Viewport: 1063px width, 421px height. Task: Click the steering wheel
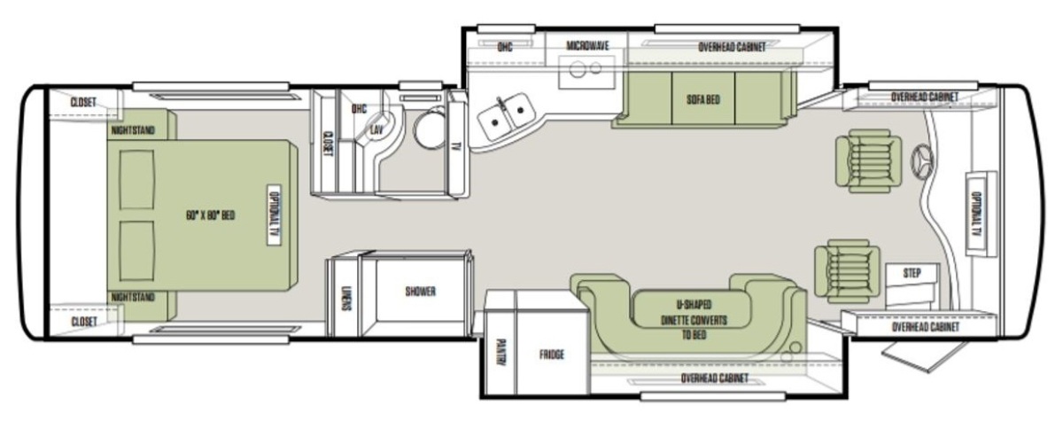pos(922,161)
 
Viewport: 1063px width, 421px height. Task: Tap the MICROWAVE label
pos(587,45)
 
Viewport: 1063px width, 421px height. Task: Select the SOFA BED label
pos(703,99)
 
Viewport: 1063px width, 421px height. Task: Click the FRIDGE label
pos(551,355)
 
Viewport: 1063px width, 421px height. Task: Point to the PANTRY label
pos(500,352)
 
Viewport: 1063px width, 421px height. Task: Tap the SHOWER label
pos(420,292)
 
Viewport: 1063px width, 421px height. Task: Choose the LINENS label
pos(346,299)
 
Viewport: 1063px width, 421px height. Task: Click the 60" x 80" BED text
pos(210,215)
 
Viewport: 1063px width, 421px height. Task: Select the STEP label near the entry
pos(912,273)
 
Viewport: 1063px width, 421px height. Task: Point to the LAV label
pos(376,129)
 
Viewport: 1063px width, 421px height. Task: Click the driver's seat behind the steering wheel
pos(868,161)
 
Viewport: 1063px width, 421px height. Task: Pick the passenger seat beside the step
pos(847,271)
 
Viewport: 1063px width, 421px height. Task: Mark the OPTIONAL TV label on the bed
pos(274,215)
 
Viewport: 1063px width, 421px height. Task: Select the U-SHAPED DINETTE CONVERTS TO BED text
pos(694,319)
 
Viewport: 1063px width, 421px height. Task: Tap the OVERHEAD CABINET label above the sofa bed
pos(732,47)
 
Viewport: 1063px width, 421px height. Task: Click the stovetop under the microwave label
pos(586,72)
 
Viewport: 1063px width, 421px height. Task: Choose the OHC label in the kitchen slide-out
pos(505,47)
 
